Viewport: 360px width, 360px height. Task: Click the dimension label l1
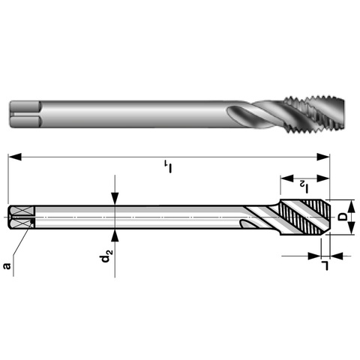(x=169, y=166)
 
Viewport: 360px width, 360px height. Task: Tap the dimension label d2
(x=106, y=256)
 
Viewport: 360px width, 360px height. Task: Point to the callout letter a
(x=7, y=265)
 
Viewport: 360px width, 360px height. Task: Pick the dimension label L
(x=325, y=265)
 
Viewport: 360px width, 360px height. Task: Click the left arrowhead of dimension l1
(x=14, y=157)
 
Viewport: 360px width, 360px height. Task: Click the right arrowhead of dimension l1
(x=323, y=157)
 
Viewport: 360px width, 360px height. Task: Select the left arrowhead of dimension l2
(x=286, y=178)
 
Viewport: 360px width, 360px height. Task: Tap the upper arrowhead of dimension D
(x=352, y=206)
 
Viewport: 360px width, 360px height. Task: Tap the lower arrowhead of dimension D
(x=352, y=228)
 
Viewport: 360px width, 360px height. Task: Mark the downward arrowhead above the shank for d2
(x=115, y=199)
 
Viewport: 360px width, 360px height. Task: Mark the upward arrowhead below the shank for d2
(x=115, y=235)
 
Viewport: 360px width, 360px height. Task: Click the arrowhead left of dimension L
(x=314, y=256)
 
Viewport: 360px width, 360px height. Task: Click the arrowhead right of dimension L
(x=337, y=256)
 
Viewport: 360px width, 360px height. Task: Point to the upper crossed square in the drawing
(x=22, y=211)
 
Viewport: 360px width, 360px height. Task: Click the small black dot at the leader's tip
(x=31, y=221)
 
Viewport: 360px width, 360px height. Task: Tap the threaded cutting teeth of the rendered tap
(x=314, y=114)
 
